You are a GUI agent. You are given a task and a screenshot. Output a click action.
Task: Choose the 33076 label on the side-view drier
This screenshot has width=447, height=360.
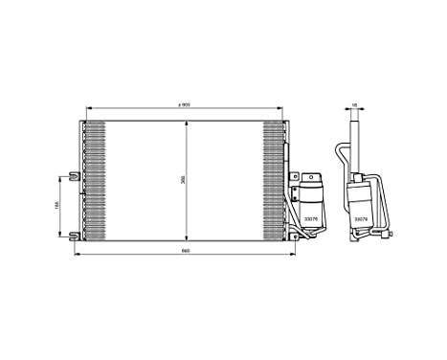[361, 219]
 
